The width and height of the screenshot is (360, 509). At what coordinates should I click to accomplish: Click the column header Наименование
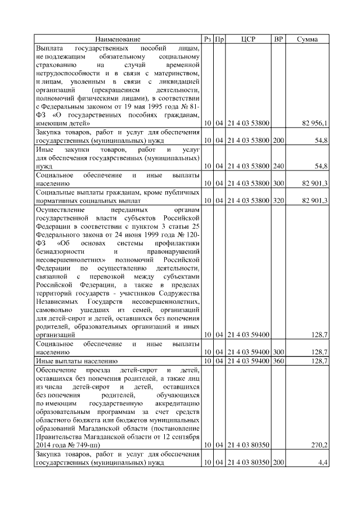point(118,39)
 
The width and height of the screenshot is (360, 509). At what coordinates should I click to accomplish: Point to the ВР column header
point(277,39)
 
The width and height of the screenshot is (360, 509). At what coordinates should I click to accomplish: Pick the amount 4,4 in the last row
point(323,462)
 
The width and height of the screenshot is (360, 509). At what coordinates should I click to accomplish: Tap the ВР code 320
point(277,200)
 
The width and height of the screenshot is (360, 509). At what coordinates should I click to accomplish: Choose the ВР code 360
point(277,360)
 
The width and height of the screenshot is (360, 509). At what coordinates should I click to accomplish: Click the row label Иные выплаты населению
point(76,360)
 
